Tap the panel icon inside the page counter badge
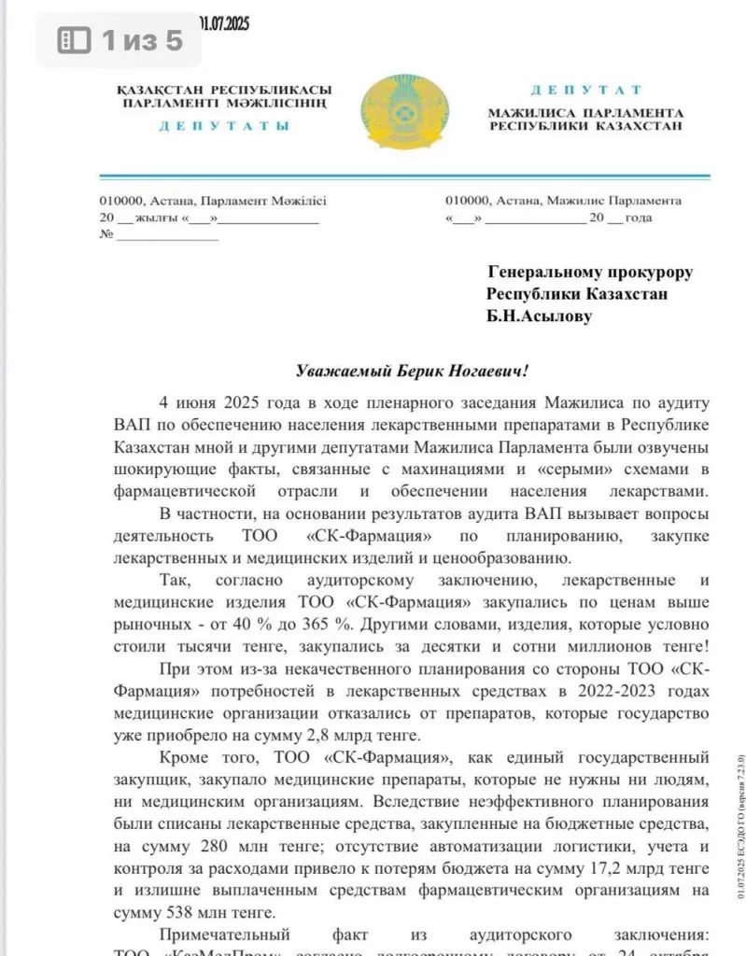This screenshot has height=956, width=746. pos(75,40)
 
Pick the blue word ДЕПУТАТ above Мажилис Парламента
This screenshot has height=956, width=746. pos(586,91)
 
